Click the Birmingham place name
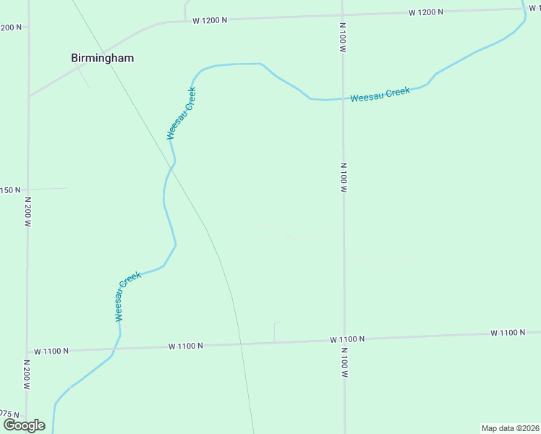click(x=102, y=58)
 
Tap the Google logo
click(x=24, y=425)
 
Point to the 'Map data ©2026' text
click(x=510, y=428)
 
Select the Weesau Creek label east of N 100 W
click(x=380, y=95)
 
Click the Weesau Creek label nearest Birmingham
click(x=182, y=113)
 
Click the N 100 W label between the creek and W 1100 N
click(x=344, y=177)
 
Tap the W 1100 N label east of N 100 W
click(x=507, y=333)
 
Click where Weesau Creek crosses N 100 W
click(x=343, y=98)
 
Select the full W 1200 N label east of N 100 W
click(x=425, y=12)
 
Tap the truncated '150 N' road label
click(x=12, y=190)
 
